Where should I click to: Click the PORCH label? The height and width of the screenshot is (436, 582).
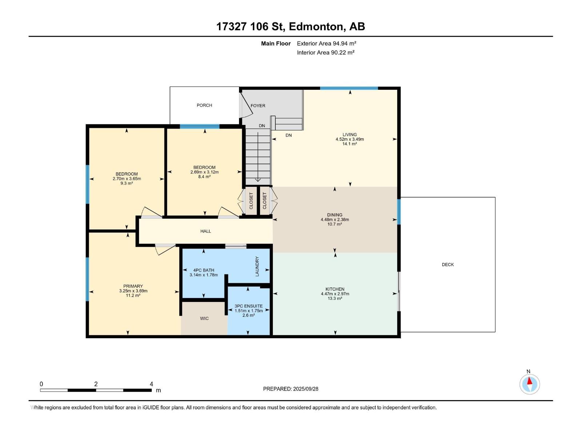click(204, 105)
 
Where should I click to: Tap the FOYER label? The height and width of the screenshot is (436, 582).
click(258, 106)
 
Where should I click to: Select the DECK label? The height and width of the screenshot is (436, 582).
click(448, 265)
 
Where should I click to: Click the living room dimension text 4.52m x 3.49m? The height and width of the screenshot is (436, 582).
click(350, 139)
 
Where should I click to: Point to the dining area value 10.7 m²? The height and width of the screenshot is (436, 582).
click(334, 225)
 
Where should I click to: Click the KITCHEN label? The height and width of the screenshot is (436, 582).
click(335, 289)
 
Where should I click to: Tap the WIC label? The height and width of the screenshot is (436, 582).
click(204, 319)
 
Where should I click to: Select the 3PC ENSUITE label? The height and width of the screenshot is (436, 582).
click(248, 306)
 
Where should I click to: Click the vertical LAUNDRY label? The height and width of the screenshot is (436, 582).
click(257, 266)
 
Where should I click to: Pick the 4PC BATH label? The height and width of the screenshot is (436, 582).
click(203, 270)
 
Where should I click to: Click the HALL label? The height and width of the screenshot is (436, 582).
click(206, 231)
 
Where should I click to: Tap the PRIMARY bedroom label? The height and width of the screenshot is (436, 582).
click(133, 286)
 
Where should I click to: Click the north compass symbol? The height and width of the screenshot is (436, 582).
click(530, 384)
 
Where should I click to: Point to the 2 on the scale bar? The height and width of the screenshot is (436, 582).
click(96, 384)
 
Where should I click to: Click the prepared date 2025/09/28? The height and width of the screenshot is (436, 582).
click(306, 389)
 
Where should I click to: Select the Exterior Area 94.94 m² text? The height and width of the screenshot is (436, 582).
click(326, 44)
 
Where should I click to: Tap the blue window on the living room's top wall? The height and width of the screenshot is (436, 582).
click(349, 88)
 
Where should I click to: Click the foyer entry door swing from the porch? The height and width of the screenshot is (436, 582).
click(246, 106)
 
